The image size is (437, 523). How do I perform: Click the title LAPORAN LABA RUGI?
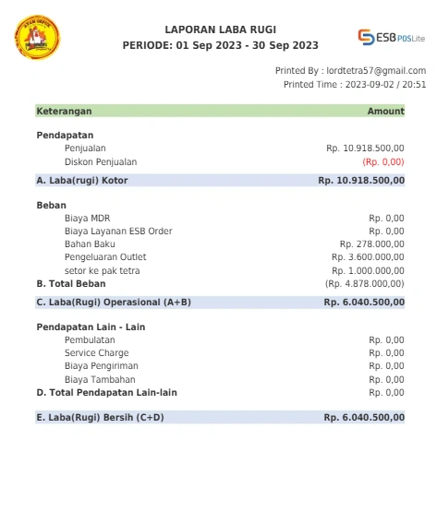220,30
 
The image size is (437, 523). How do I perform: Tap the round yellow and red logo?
37,38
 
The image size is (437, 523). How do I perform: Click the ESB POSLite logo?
392,38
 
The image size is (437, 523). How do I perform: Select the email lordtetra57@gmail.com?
376,70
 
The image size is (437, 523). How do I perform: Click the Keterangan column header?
64,111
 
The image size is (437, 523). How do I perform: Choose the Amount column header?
385,111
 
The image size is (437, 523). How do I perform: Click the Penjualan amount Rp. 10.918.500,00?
365,148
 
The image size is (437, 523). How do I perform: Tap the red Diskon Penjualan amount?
382,161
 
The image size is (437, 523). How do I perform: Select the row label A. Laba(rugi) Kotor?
82,181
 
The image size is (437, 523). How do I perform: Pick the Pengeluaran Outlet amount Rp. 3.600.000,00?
368,256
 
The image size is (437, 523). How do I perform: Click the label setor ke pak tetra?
102,270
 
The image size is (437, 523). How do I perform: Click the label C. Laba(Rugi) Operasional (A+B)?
114,302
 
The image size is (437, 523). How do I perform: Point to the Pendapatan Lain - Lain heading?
91,327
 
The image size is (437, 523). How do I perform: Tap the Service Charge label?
96,352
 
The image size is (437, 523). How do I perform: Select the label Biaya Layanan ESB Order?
118,231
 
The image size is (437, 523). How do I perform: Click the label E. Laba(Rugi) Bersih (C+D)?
100,417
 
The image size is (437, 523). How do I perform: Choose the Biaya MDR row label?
87,218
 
